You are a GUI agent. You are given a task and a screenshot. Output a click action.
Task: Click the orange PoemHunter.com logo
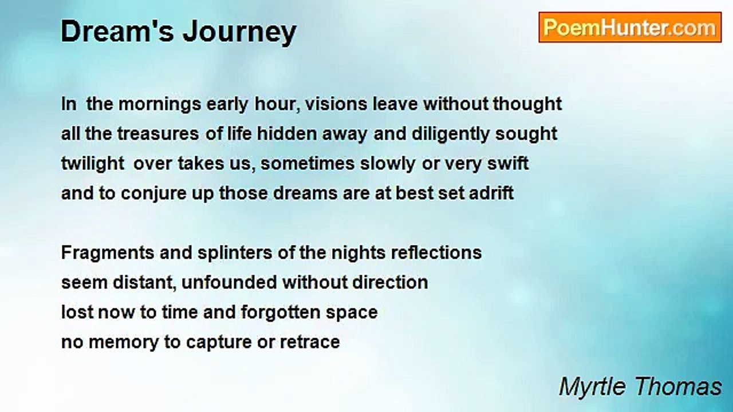tap(630, 27)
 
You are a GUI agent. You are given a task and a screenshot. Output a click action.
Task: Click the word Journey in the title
tap(239, 33)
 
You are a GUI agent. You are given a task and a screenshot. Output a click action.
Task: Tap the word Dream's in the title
tap(117, 31)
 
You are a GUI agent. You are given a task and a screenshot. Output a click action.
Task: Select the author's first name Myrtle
tap(593, 387)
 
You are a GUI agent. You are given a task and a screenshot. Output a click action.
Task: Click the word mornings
tap(160, 105)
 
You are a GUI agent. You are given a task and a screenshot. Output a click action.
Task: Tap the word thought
tap(527, 105)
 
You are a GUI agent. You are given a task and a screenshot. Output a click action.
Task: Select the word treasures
tap(158, 134)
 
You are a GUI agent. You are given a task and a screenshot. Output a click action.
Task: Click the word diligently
tap(450, 134)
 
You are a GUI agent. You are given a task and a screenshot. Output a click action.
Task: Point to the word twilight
tap(93, 164)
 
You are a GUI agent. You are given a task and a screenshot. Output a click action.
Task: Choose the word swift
tap(508, 164)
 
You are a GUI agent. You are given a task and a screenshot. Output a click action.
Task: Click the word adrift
tap(491, 193)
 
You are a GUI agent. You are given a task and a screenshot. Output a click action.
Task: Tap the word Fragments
tap(108, 253)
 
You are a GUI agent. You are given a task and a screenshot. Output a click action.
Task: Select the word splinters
tap(235, 253)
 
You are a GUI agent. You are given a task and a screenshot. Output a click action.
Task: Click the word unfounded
tap(229, 282)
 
